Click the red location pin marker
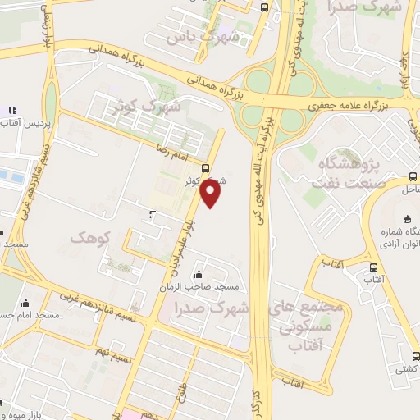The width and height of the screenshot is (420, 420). pyautogui.click(x=211, y=194)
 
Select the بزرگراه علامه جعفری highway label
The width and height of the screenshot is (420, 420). pyautogui.click(x=352, y=106)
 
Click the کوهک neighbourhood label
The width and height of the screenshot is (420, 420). pyautogui.click(x=89, y=237)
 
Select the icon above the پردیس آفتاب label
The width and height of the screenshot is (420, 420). pyautogui.click(x=12, y=109)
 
